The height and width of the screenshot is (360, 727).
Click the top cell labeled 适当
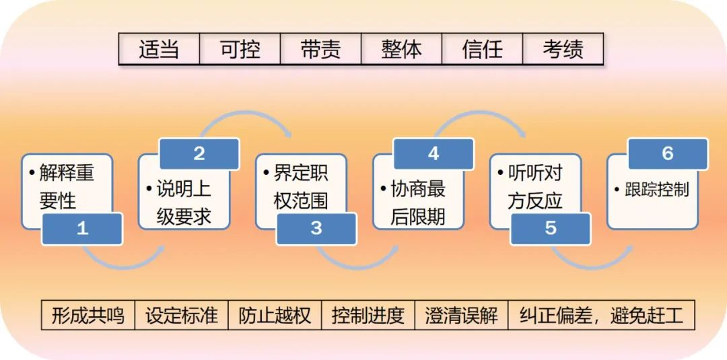click(x=159, y=49)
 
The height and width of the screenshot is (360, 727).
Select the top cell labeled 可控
click(x=240, y=49)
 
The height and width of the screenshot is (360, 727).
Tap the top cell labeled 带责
click(x=320, y=49)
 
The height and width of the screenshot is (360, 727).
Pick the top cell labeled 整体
click(x=401, y=49)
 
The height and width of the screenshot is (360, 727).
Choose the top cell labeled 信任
click(x=482, y=49)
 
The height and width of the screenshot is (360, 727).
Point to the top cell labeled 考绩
click(x=563, y=49)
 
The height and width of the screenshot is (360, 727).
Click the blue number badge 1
click(x=82, y=228)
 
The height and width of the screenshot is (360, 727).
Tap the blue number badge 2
click(x=199, y=153)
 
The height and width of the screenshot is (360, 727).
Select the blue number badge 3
click(x=316, y=228)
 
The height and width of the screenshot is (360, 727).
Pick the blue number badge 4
click(x=434, y=153)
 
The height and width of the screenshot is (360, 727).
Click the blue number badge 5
click(x=551, y=228)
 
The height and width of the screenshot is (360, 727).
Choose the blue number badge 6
click(x=667, y=153)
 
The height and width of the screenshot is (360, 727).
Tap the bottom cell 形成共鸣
click(x=88, y=315)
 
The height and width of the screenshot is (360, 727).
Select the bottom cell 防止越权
click(x=275, y=315)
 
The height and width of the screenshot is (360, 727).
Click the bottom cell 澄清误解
click(x=461, y=315)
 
